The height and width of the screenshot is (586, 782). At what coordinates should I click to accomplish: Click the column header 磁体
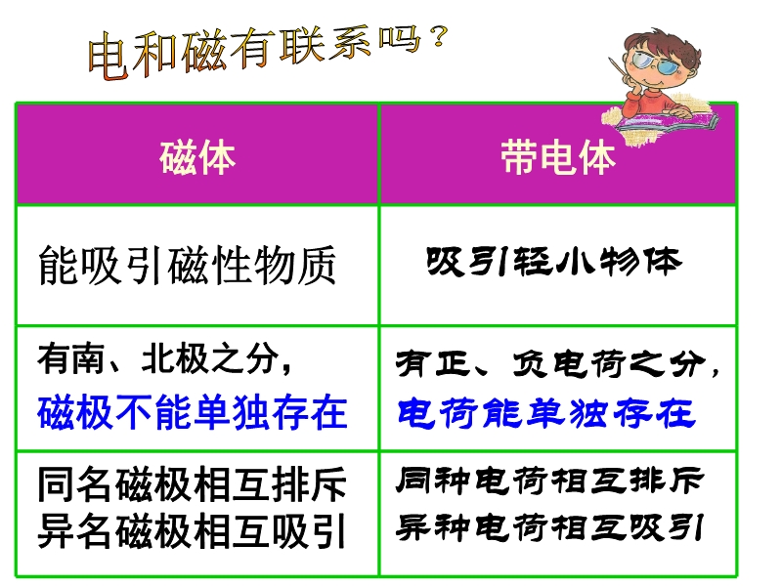click(197, 157)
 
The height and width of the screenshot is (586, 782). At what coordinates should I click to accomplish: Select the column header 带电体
click(558, 156)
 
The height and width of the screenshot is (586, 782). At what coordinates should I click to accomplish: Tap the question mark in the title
click(438, 36)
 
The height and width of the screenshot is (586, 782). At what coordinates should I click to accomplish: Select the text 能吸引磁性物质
click(187, 265)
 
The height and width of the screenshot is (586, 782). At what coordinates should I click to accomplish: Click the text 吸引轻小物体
click(553, 261)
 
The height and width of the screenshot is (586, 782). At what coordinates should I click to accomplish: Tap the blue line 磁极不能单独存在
click(192, 411)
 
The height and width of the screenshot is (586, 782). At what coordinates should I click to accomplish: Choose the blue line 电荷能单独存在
click(546, 412)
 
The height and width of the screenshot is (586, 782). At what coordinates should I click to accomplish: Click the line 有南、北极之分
click(164, 358)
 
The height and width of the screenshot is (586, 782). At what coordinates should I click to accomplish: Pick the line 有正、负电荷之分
click(557, 363)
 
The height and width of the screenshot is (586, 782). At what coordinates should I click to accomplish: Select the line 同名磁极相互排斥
click(192, 483)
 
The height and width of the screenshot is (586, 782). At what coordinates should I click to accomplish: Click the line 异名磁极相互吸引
click(192, 531)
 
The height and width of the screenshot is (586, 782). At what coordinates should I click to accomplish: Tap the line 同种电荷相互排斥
click(549, 481)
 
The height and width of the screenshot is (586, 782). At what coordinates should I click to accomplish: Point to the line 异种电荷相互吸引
click(549, 527)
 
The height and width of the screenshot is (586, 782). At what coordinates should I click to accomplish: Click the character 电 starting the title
click(108, 56)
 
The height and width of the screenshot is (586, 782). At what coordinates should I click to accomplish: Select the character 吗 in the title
click(400, 40)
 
